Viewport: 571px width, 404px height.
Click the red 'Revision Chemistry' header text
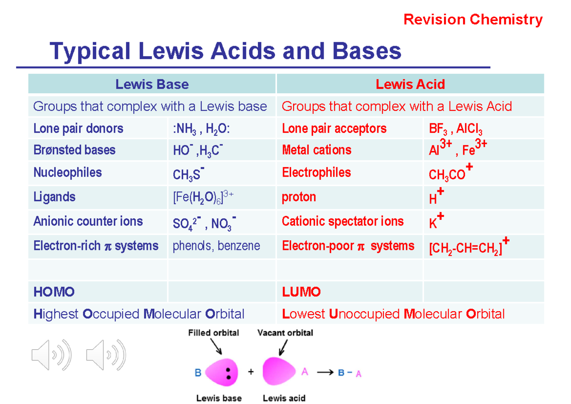pos(473,20)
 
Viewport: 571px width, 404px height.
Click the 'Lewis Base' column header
pos(152,85)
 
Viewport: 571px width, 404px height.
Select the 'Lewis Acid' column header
pos(410,85)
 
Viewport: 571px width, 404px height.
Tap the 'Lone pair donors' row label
pos(78,128)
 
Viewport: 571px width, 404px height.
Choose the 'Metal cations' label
pos(316,150)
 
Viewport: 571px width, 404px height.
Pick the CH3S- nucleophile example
pos(188,174)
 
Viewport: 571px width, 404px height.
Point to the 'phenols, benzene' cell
pos(216,246)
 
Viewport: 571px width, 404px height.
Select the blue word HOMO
pos(54,292)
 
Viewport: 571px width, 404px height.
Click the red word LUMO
pos(301,292)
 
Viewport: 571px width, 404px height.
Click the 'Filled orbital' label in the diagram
pos(214,333)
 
